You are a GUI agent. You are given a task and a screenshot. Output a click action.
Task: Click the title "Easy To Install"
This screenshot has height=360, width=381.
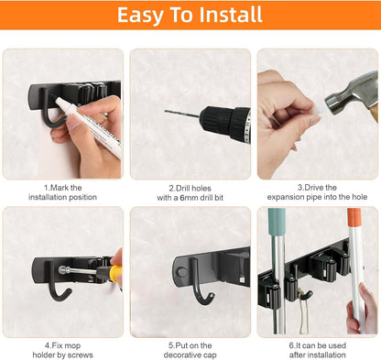190,16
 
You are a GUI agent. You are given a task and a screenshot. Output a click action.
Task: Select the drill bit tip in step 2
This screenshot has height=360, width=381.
169,112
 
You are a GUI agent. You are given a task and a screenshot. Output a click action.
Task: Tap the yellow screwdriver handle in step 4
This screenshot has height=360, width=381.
115,272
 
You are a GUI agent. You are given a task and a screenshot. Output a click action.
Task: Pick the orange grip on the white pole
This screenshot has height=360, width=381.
354,219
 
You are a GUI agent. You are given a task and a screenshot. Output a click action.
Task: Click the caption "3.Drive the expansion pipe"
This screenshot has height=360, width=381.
317,192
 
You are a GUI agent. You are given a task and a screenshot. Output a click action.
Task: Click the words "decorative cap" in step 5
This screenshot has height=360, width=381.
190,355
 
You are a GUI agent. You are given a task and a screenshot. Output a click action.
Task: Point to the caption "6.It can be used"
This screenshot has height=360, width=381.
317,345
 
